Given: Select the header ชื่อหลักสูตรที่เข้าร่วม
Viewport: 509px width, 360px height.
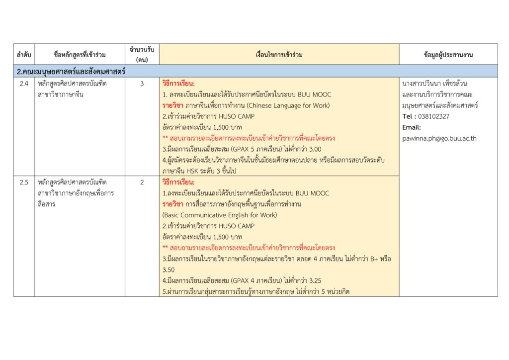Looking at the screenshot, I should (x=81, y=55).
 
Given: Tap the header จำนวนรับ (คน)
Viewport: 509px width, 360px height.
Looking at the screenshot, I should (x=142, y=55).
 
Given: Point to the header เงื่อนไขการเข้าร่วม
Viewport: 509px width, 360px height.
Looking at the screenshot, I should (x=279, y=55).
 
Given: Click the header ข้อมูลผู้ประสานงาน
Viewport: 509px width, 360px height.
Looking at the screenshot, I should (x=448, y=55).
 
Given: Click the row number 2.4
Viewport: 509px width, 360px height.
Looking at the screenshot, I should (x=24, y=84).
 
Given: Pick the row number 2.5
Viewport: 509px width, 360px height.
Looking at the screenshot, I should (x=24, y=182).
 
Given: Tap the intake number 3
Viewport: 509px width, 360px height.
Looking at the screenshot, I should (x=142, y=84).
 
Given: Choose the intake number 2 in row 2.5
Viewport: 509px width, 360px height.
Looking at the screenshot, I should (x=142, y=182).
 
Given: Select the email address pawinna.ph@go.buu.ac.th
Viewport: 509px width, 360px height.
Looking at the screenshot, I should (x=439, y=138).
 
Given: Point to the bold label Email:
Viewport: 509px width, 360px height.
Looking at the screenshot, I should (x=412, y=127).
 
